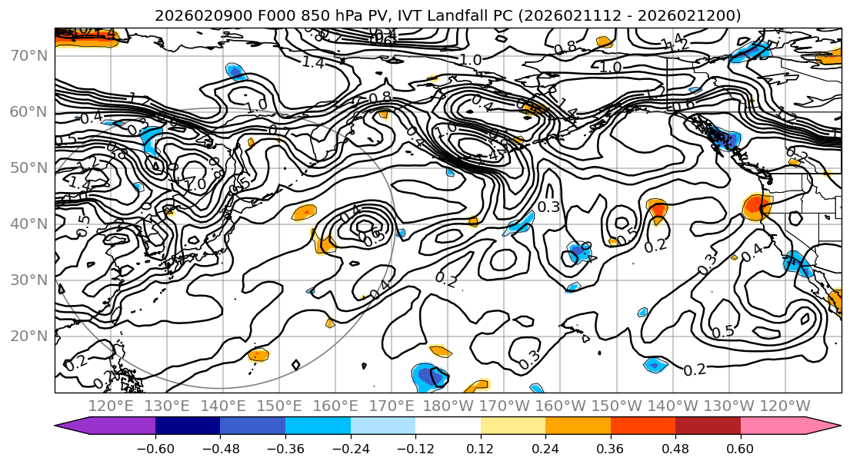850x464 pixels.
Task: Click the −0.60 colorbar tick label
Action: pos(155,449)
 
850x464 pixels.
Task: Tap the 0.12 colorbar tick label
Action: pos(481,449)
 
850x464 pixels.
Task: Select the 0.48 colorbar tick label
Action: pos(675,449)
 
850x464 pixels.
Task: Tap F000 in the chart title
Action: pos(252,15)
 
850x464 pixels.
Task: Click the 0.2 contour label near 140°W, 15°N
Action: pos(695,370)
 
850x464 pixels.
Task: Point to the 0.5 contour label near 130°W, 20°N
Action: pos(722,332)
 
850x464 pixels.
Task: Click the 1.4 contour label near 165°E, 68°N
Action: pos(313,63)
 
